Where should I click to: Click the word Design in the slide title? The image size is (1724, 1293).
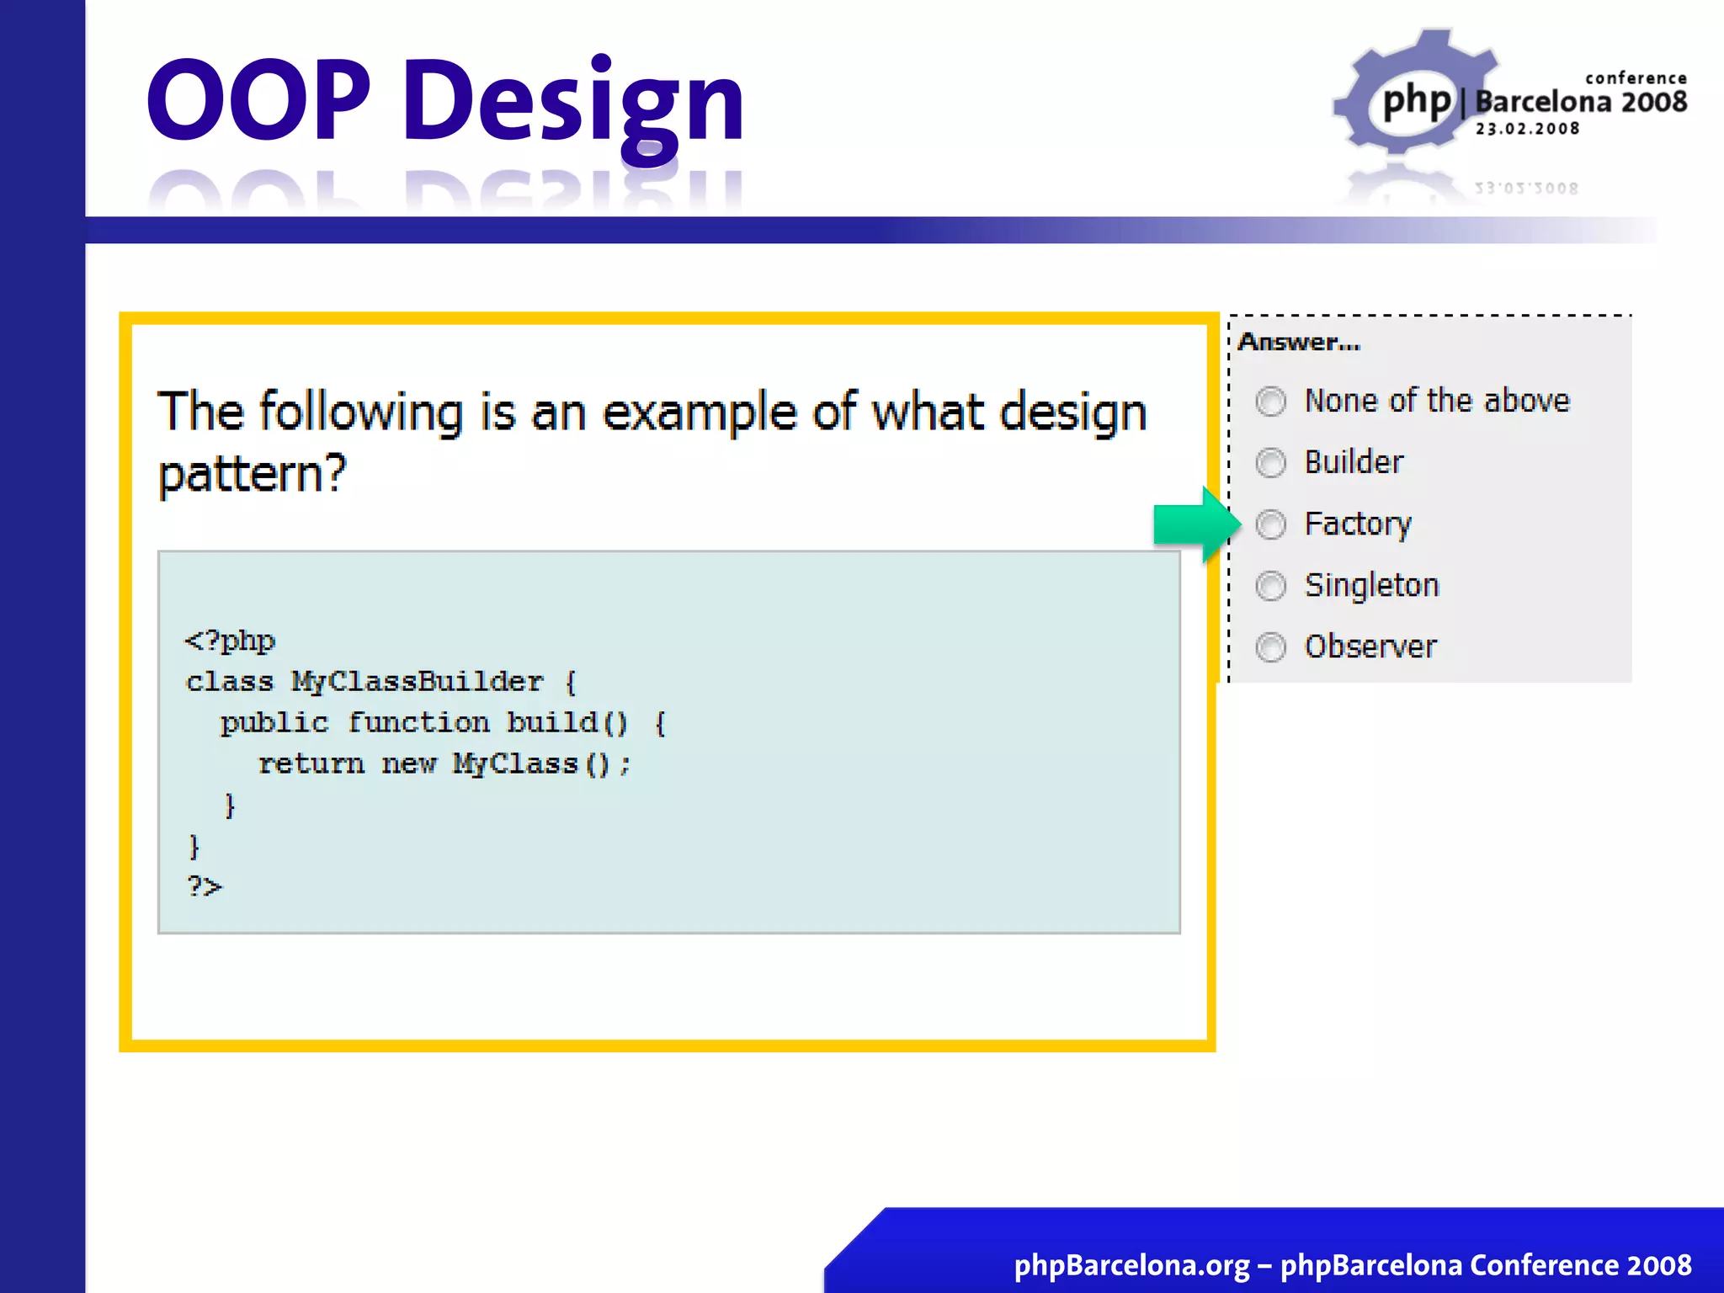pyautogui.click(x=573, y=103)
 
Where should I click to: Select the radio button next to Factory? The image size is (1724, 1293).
pyautogui.click(x=1270, y=524)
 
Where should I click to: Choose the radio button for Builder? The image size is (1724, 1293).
pyautogui.click(x=1270, y=463)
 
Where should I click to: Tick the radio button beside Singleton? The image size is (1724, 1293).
pyautogui.click(x=1270, y=586)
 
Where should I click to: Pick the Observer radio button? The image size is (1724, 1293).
pyautogui.click(x=1270, y=647)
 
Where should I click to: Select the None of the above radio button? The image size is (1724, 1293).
pyautogui.click(x=1270, y=402)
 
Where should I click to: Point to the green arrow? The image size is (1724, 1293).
pyautogui.click(x=1195, y=524)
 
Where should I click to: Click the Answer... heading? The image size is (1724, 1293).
pyautogui.click(x=1299, y=343)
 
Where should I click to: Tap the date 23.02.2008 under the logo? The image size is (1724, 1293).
pyautogui.click(x=1527, y=129)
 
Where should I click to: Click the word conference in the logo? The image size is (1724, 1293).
pyautogui.click(x=1636, y=78)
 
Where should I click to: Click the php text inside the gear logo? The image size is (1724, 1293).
pyautogui.click(x=1418, y=101)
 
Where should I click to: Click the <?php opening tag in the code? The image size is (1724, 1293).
pyautogui.click(x=230, y=641)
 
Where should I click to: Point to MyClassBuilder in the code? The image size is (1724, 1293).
pyautogui.click(x=417, y=682)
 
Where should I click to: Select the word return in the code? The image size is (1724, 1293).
pyautogui.click(x=311, y=764)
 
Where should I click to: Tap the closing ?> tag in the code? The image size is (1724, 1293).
pyautogui.click(x=204, y=886)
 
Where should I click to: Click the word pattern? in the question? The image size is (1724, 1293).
pyautogui.click(x=253, y=474)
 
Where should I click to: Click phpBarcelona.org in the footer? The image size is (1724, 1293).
pyautogui.click(x=1131, y=1265)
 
